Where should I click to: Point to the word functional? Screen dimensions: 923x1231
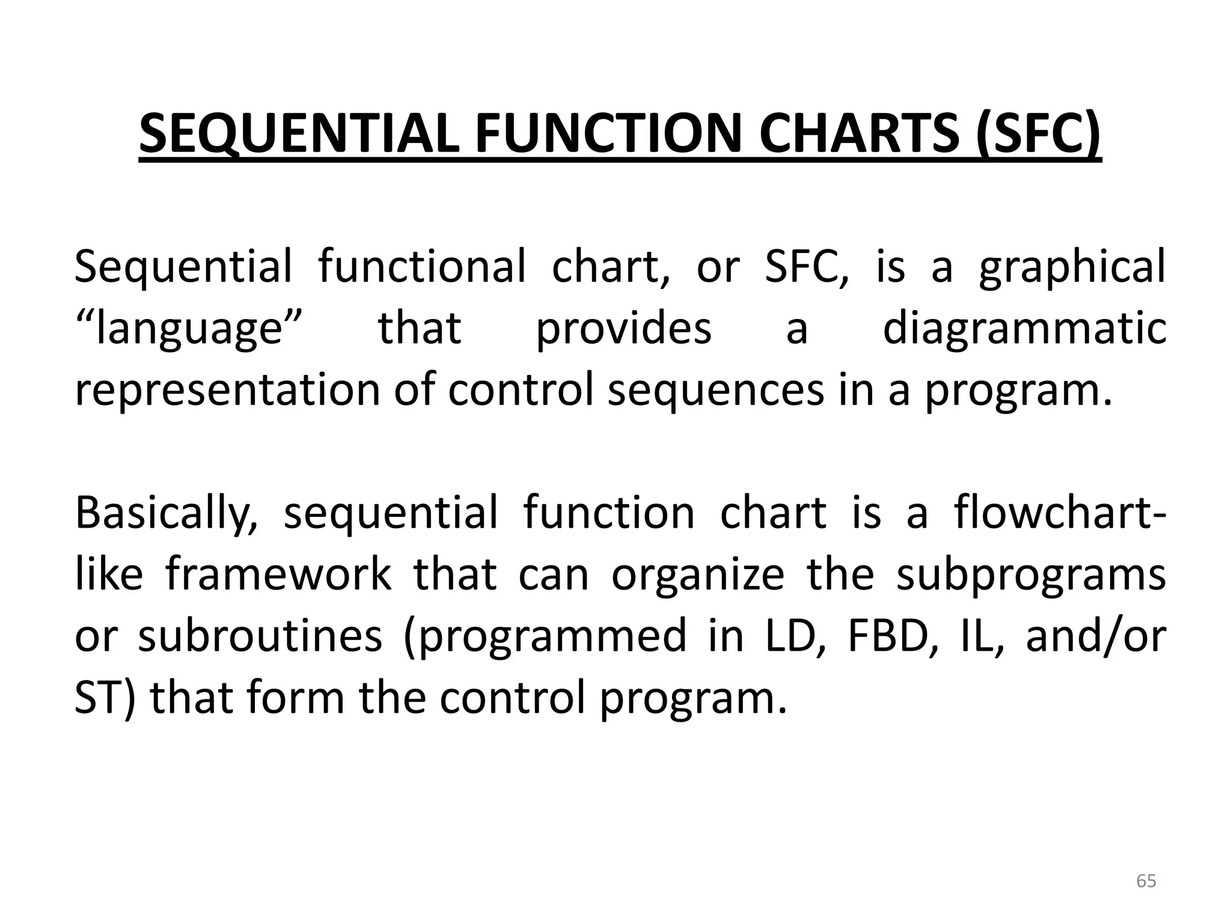421,266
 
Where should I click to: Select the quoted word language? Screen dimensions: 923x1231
187,329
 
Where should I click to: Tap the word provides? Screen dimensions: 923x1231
623,329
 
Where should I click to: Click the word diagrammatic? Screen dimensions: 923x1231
1024,329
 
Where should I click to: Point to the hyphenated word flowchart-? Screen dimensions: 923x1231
1059,513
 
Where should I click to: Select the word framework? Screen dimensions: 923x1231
279,574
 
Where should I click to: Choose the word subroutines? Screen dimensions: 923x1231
260,636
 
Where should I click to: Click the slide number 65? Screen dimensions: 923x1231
1146,882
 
